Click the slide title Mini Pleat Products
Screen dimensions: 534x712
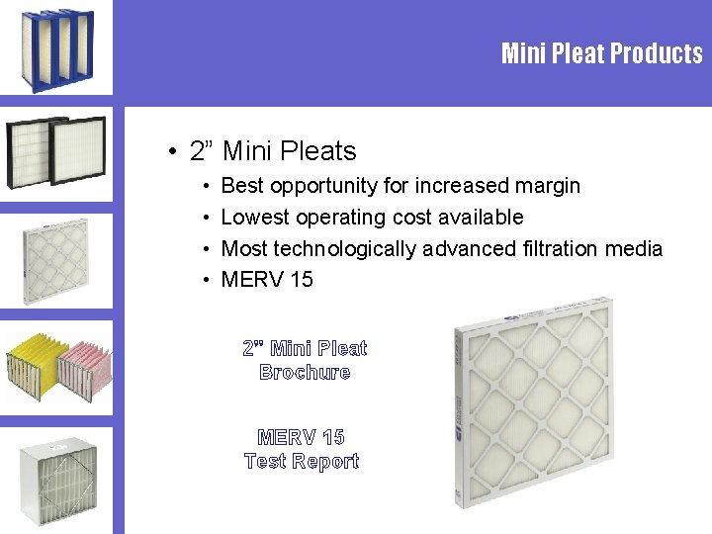click(x=601, y=53)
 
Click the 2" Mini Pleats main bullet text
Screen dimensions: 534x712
click(x=289, y=151)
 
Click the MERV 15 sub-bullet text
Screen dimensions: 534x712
click(x=267, y=280)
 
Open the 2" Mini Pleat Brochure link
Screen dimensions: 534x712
click(x=305, y=360)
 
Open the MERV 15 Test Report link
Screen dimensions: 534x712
click(x=302, y=449)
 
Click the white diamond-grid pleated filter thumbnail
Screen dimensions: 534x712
click(x=56, y=260)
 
